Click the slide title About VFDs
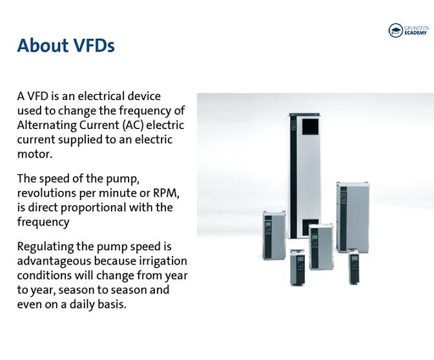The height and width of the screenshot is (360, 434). [66, 46]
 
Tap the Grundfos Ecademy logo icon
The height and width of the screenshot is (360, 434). [395, 30]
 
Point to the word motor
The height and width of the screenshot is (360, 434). [33, 154]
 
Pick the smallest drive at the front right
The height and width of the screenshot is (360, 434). [354, 266]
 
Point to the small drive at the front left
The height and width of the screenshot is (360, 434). [298, 267]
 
